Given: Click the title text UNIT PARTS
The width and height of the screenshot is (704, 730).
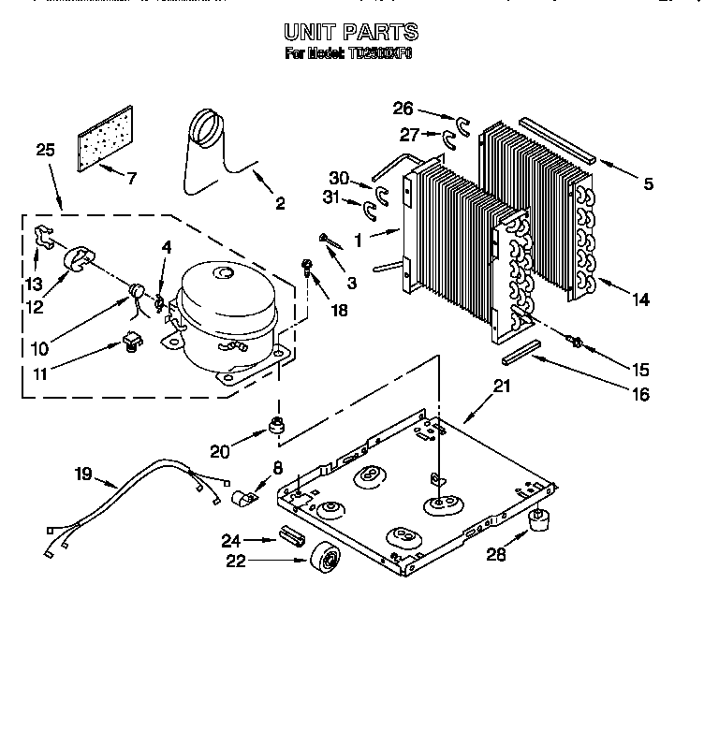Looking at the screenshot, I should tap(351, 33).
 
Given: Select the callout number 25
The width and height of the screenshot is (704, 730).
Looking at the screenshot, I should tap(44, 149).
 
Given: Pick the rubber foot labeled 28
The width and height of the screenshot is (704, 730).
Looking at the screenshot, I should tap(538, 520).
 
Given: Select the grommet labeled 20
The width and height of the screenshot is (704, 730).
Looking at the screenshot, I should tap(275, 427).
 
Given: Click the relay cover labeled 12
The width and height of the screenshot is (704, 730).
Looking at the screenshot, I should tap(76, 259).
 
